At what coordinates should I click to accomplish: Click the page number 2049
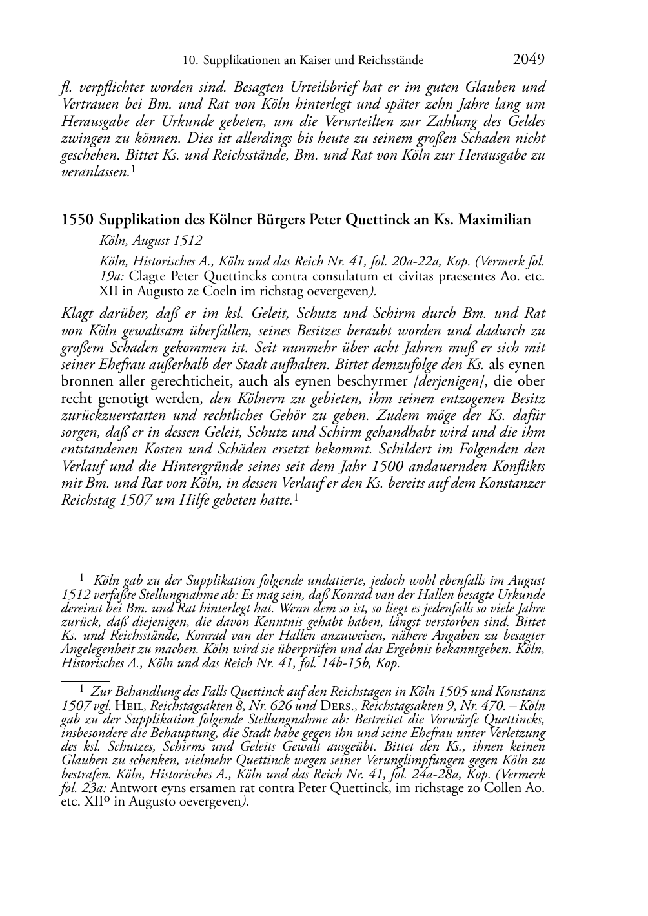coord(529,59)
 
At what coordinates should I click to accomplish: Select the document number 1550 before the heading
coord(77,220)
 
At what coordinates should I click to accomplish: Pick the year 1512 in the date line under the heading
coord(187,241)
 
